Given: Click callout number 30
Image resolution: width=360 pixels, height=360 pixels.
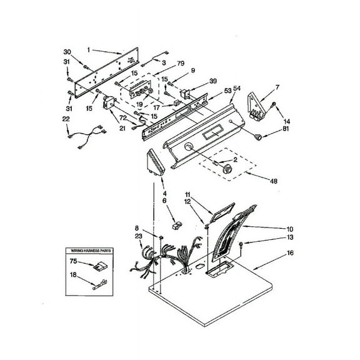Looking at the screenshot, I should pos(68,51).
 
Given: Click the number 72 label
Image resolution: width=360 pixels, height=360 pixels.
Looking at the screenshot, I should pos(123,117).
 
